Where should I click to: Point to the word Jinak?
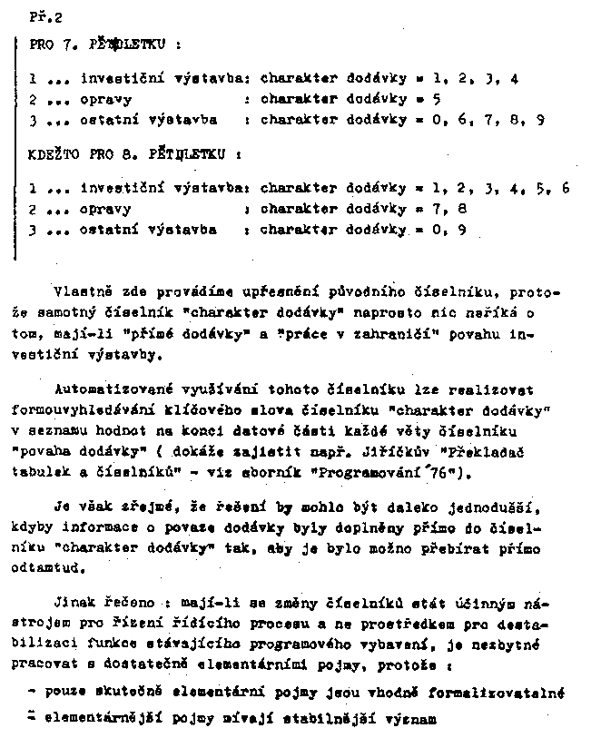pos(74,602)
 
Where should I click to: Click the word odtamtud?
pos(66,569)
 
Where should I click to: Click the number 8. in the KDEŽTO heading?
pos(127,154)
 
